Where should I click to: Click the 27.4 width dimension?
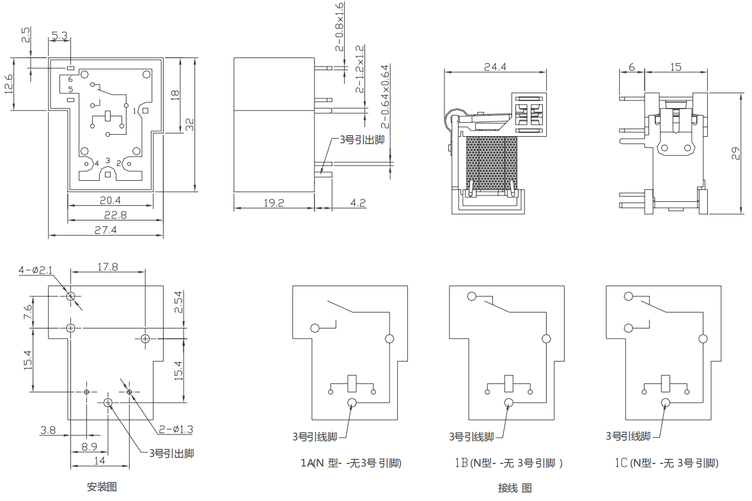(106, 230)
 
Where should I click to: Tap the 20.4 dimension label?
(111, 200)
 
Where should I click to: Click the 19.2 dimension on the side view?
(274, 203)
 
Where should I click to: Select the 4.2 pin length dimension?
(358, 203)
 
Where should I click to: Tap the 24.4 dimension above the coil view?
(496, 66)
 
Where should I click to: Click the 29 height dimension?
(736, 153)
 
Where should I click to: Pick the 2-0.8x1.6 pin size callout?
(340, 26)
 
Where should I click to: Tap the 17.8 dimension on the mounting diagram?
(107, 267)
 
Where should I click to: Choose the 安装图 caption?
(102, 487)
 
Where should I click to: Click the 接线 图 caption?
(515, 488)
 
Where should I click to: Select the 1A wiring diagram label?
(351, 463)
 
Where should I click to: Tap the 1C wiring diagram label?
(664, 463)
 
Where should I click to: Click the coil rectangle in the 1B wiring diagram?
(509, 383)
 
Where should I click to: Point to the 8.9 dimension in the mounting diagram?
(89, 446)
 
